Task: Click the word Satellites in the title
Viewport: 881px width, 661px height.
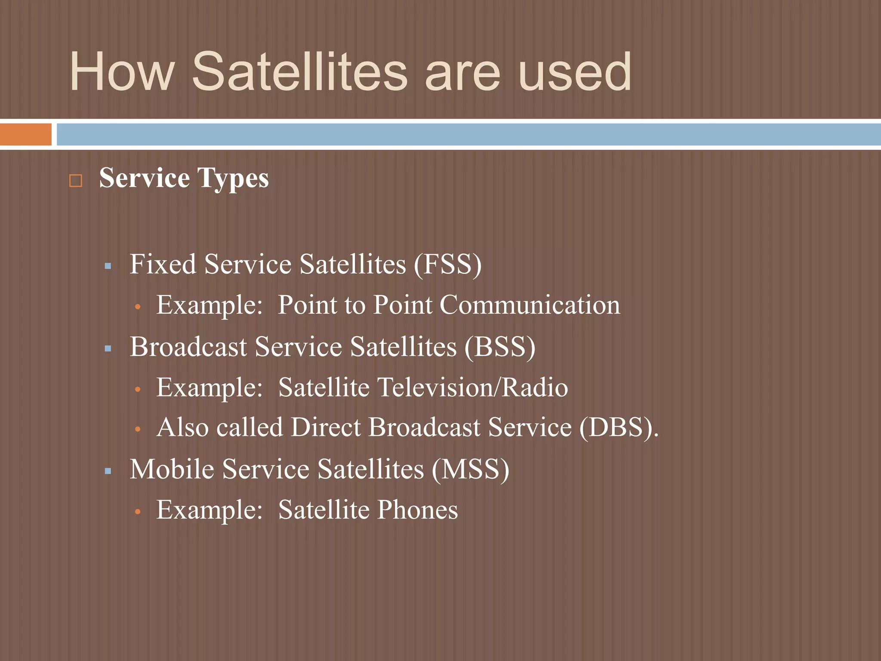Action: tap(299, 71)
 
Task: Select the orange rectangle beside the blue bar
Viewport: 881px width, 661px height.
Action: tap(25, 134)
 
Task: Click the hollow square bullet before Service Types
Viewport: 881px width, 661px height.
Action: tap(76, 180)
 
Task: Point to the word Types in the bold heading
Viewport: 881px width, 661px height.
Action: tap(233, 178)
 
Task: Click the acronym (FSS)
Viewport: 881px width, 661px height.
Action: tap(447, 264)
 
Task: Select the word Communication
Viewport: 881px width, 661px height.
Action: tap(530, 305)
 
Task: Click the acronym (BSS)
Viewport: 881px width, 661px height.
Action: tap(500, 346)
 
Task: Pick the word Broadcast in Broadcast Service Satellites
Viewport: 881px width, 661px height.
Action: tap(188, 346)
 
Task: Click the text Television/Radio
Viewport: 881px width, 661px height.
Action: tap(472, 387)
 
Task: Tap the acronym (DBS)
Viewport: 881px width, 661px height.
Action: tap(618, 427)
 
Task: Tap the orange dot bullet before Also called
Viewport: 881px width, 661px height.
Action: tap(138, 429)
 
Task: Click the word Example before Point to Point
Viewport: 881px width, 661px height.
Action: tap(209, 305)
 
